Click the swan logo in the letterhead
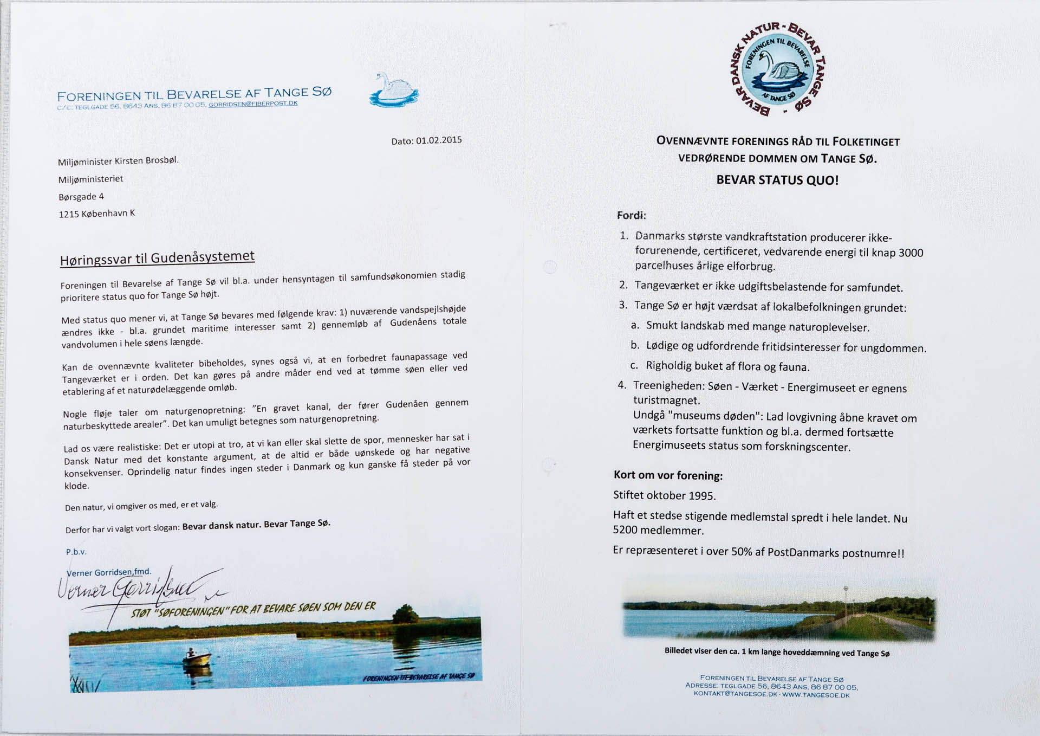(x=394, y=90)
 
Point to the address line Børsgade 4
(x=81, y=197)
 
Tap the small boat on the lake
(x=196, y=658)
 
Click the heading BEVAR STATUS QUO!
(x=777, y=180)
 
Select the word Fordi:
(x=631, y=215)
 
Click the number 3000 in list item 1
(x=911, y=253)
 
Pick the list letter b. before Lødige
(x=635, y=345)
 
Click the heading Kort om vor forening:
(x=668, y=475)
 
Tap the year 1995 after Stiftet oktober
(x=701, y=496)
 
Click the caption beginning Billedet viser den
(x=777, y=652)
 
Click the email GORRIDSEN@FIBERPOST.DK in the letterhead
(x=253, y=104)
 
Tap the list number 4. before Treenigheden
(x=622, y=385)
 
